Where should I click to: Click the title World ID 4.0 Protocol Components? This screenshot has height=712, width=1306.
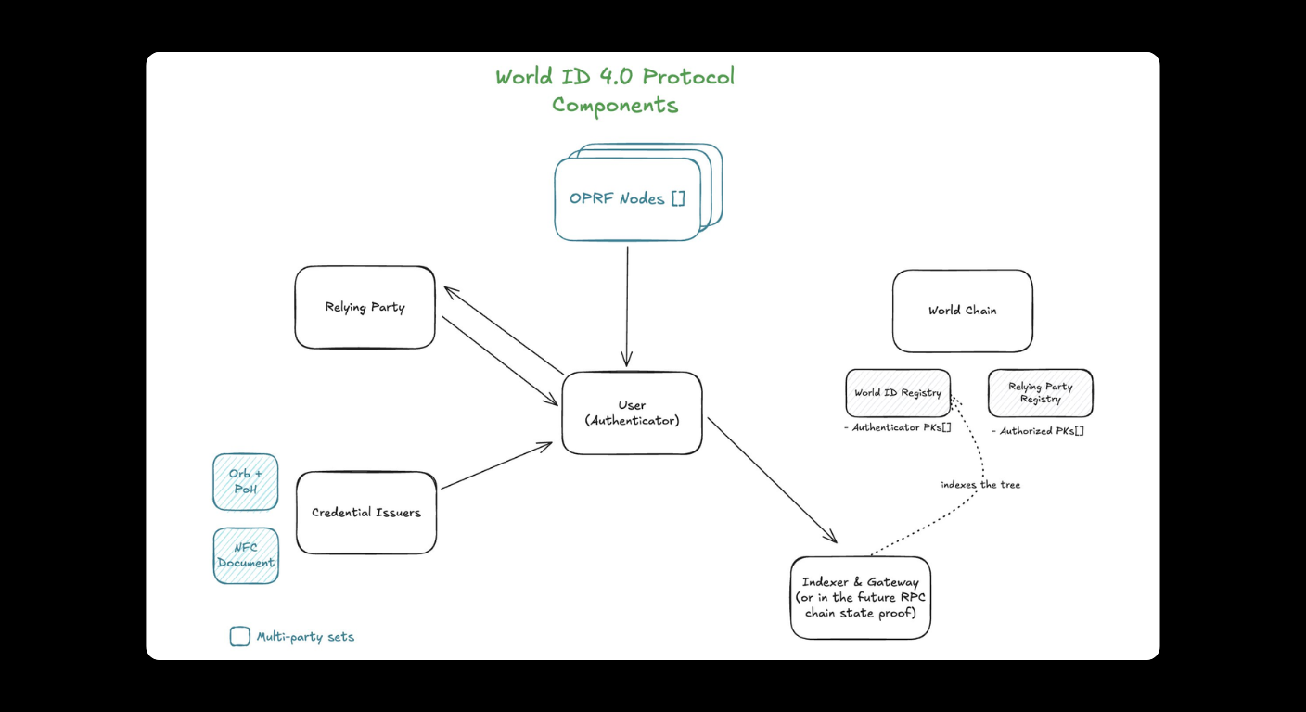click(x=615, y=90)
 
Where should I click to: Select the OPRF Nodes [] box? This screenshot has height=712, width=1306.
click(x=627, y=198)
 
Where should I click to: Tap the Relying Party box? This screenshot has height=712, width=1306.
click(x=365, y=307)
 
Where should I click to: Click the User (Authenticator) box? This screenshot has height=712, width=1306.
click(x=632, y=413)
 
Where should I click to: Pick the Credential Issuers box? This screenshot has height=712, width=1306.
click(x=366, y=513)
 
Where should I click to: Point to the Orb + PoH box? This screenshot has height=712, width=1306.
click(x=246, y=481)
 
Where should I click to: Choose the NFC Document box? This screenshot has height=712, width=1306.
click(x=246, y=555)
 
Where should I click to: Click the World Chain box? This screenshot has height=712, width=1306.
click(x=962, y=311)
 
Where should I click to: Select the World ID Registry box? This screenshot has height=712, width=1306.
click(x=898, y=393)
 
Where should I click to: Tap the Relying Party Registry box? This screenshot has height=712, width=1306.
click(x=1040, y=393)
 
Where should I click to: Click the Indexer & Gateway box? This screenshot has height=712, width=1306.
click(x=860, y=597)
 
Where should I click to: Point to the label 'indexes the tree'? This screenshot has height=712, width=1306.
click(x=979, y=485)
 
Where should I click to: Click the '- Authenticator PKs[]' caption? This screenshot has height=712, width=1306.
click(x=898, y=427)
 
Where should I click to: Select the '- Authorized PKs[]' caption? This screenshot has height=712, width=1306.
click(x=1038, y=431)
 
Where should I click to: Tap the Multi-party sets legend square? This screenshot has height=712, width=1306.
click(x=239, y=636)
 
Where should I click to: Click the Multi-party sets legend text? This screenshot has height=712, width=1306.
click(x=305, y=637)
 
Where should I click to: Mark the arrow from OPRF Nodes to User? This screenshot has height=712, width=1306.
click(x=627, y=306)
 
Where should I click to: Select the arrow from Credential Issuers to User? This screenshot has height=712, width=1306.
click(x=496, y=465)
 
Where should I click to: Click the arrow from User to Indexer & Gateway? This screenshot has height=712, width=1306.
click(x=772, y=480)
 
